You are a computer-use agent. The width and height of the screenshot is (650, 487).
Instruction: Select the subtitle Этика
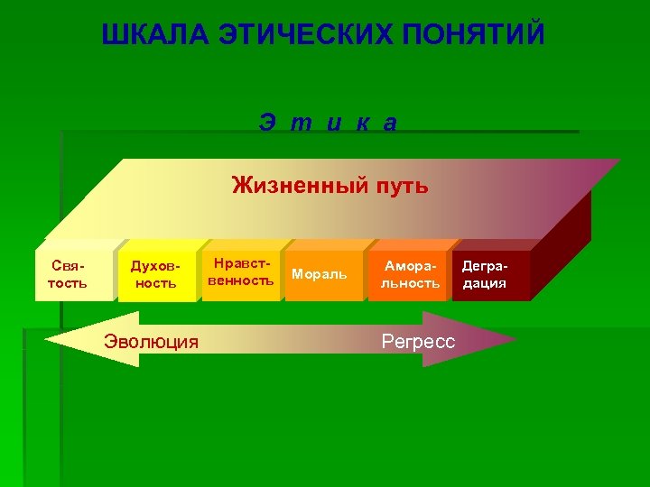[x=328, y=123]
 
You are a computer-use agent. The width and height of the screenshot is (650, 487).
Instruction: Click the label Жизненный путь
[x=330, y=187]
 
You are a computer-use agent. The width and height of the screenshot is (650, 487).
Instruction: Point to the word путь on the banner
[x=398, y=187]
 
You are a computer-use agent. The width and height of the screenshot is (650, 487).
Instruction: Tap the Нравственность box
[x=240, y=272]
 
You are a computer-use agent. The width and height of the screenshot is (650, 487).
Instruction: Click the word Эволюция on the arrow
[x=151, y=341]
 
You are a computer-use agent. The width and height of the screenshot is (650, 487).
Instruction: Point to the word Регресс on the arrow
[x=419, y=342]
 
